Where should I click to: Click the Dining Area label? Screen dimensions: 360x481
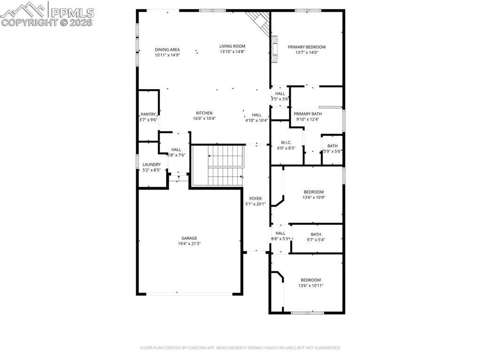pos(167,49)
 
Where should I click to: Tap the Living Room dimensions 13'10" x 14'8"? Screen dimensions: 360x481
pos(232,52)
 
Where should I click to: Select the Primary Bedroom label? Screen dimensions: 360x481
pos(306,47)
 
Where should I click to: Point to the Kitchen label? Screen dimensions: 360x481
pos(204,113)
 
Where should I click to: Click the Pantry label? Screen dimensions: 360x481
pos(148,115)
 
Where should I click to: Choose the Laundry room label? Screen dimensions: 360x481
pos(152,165)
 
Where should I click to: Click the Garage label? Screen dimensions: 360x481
pos(189,238)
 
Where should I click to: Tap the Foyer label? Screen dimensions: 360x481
pos(255,199)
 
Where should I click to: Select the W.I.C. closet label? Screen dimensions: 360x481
pos(287,143)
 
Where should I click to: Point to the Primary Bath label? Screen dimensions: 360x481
pos(308,114)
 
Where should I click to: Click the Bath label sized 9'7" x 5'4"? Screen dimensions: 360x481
pos(316,234)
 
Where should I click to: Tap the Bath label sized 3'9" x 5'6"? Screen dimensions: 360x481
pos(332,146)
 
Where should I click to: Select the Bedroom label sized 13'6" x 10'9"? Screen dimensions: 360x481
pos(313,192)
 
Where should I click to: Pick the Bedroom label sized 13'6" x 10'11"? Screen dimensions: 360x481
pos(310,280)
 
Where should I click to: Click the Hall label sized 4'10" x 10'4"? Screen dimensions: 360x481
pos(256,115)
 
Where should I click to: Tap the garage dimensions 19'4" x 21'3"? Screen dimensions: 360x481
pos(189,244)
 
